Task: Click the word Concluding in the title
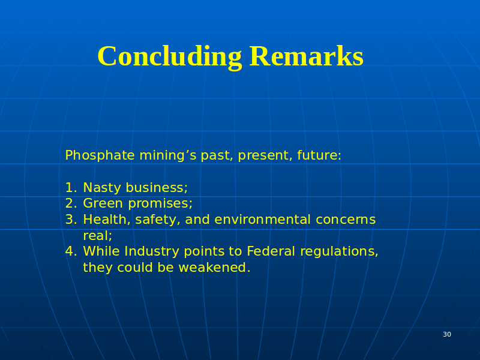[x=170, y=57]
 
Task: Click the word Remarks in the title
[x=307, y=56]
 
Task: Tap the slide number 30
[x=447, y=334]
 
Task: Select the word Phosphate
[x=100, y=155]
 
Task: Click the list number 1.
[x=70, y=187]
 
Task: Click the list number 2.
[x=71, y=203]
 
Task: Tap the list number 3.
[x=71, y=220]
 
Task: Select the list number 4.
[x=71, y=251]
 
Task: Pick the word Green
[x=103, y=203]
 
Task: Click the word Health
[x=105, y=220]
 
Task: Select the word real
[x=96, y=235]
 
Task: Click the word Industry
[x=152, y=251]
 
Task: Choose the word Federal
[x=271, y=251]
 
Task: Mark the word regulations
[x=337, y=252]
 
